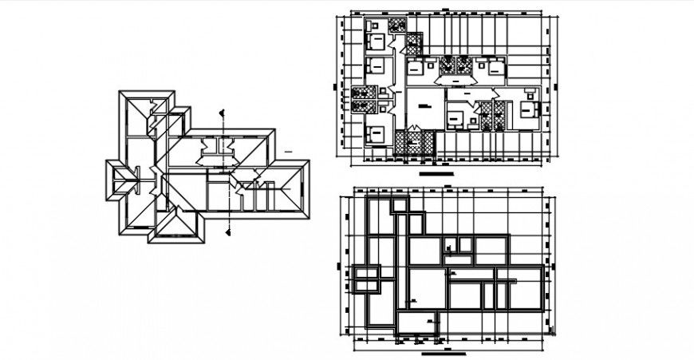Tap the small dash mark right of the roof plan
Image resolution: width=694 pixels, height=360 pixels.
[286, 149]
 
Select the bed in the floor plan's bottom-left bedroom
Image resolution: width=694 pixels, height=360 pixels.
[376, 134]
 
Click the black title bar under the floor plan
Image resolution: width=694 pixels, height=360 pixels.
[436, 172]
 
